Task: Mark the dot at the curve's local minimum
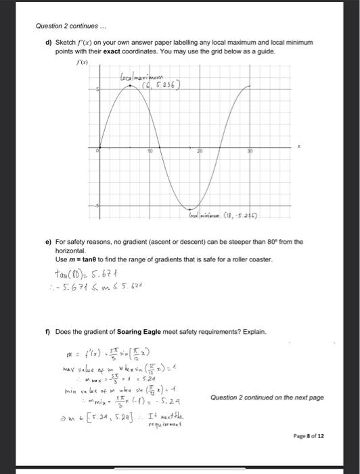coord(192,208)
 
